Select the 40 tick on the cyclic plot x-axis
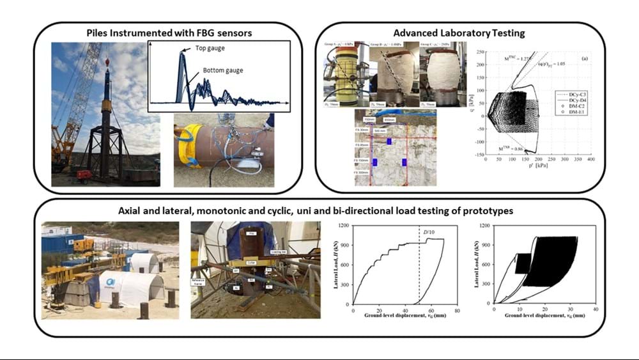pyautogui.click(x=596, y=309)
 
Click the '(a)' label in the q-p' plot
pyautogui.click(x=585, y=59)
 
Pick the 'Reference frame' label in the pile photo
pyautogui.click(x=199, y=281)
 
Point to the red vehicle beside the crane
pyautogui.click(x=84, y=173)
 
